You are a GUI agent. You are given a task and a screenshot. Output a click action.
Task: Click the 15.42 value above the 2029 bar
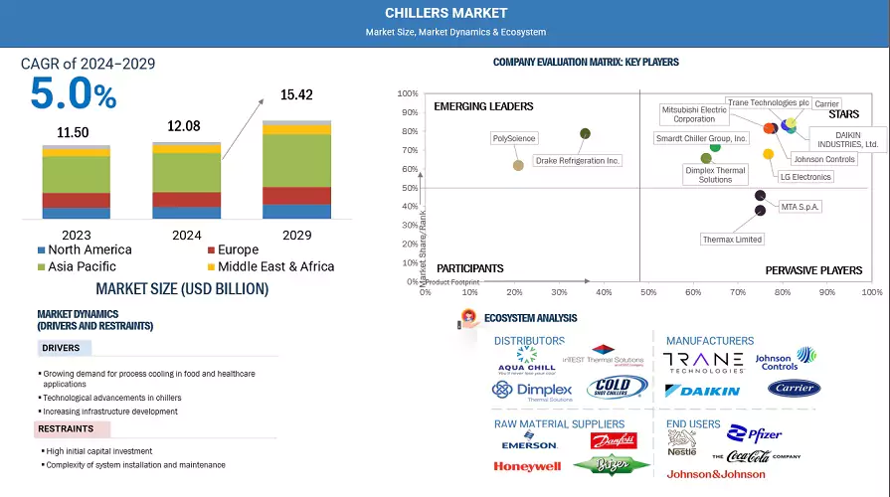click(296, 95)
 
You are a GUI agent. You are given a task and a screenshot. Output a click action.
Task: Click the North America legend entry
click(90, 250)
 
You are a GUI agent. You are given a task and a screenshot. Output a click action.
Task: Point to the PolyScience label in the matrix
click(514, 138)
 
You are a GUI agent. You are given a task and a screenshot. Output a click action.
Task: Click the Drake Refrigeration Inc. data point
click(585, 133)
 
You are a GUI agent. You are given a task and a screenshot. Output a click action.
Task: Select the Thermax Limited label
click(732, 240)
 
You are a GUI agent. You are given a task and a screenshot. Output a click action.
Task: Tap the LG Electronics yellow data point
click(768, 154)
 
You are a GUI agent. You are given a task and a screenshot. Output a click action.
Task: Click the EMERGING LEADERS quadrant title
click(484, 106)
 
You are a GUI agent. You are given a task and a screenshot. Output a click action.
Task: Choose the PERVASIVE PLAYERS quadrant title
click(814, 270)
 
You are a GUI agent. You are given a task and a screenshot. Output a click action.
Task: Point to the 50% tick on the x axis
click(648, 292)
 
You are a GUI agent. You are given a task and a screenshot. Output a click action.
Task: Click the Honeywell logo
click(527, 466)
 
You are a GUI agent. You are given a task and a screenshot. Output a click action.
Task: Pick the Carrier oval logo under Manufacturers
click(794, 388)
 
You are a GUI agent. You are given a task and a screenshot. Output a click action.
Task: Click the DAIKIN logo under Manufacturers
click(703, 391)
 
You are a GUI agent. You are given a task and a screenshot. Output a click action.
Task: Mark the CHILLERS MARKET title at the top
click(446, 13)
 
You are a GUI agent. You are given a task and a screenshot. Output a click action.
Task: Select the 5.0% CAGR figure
click(74, 93)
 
